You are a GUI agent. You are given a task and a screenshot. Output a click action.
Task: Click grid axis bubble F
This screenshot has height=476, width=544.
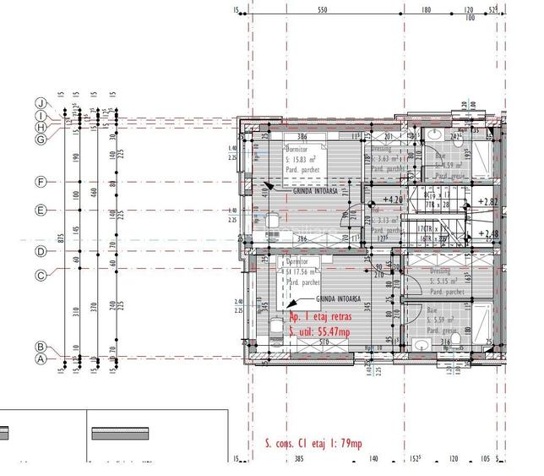41,182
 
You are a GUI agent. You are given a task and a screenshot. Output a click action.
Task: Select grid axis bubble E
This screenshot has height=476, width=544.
41,211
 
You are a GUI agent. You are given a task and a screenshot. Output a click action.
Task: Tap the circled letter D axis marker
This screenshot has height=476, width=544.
41,251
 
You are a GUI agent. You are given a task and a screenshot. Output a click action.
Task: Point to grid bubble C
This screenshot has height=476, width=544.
41,275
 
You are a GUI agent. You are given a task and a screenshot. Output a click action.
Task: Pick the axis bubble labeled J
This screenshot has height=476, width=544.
40,102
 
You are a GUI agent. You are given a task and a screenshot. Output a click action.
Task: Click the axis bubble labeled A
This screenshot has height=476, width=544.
40,358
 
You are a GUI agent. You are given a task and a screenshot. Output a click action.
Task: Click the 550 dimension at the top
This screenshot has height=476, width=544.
322,10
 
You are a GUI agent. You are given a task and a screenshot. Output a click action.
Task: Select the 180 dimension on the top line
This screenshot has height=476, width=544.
426,10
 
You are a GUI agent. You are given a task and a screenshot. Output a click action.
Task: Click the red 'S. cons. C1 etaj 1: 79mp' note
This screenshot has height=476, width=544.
307,444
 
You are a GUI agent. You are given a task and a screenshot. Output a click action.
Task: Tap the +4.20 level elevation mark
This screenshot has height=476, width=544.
392,200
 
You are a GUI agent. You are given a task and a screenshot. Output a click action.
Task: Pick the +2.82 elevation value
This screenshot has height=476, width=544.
487,202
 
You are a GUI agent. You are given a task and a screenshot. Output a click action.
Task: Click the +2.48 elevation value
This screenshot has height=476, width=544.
487,234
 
